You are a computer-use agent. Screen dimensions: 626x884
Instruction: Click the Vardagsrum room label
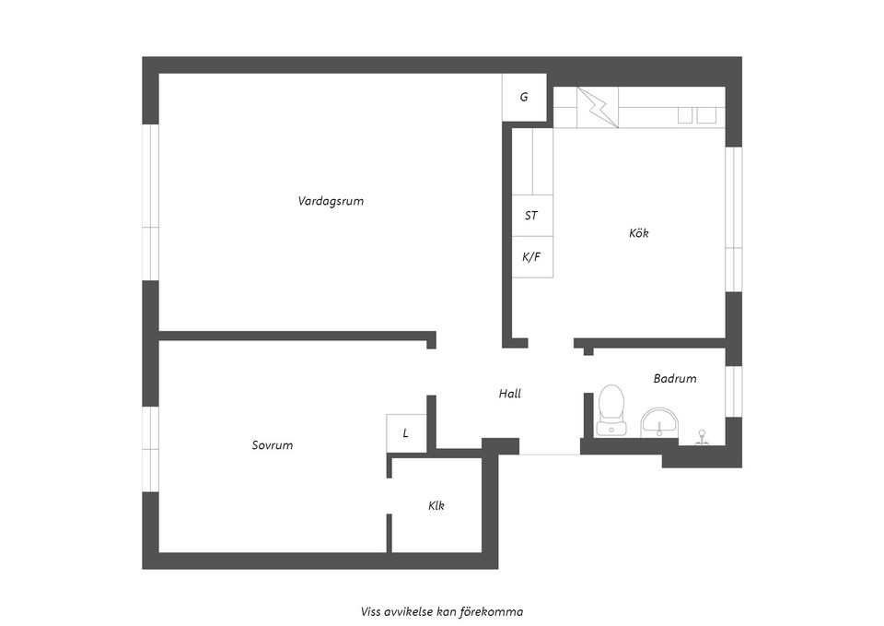(x=331, y=201)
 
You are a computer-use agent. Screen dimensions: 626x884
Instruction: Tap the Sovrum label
(x=273, y=445)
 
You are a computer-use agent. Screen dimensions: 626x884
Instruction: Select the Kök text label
(x=639, y=233)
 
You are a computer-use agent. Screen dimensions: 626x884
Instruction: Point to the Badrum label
(x=675, y=378)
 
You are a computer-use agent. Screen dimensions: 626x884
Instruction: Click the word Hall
(x=509, y=394)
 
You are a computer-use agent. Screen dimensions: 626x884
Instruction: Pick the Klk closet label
(x=436, y=505)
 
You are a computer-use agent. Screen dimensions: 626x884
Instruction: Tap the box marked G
(x=524, y=96)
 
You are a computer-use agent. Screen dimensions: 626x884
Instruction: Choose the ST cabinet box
(x=531, y=216)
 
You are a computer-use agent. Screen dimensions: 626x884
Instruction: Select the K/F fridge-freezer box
(x=531, y=257)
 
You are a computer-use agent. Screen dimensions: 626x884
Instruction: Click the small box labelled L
(x=406, y=433)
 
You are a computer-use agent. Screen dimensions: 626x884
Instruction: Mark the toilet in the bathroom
(x=611, y=409)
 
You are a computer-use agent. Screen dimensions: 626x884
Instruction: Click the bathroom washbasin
(x=659, y=423)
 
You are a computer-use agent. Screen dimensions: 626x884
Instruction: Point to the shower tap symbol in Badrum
(x=702, y=436)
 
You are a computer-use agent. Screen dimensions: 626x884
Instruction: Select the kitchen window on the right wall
(x=733, y=219)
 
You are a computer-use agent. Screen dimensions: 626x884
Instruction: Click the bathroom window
(x=733, y=391)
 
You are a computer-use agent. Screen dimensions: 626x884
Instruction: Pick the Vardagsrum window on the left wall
(x=150, y=202)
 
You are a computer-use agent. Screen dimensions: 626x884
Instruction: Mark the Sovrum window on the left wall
(x=150, y=449)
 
